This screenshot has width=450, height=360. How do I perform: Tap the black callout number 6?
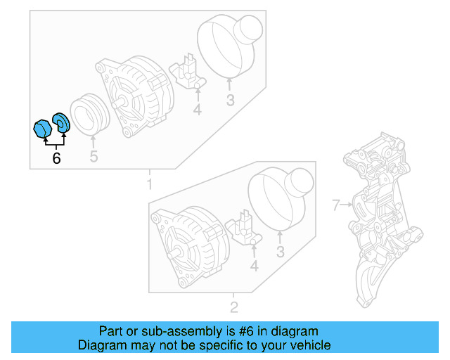pos(56,158)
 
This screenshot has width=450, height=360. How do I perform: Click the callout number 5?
pos(94,156)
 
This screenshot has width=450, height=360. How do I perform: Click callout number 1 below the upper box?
pos(149,184)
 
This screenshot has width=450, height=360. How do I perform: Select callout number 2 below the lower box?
pos(234,307)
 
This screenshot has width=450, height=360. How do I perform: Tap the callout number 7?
pos(336,205)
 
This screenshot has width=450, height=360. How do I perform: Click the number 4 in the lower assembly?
pos(255,266)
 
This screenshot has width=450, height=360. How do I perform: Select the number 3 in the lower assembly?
pos(280,252)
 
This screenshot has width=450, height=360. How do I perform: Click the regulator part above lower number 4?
pos(246,226)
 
